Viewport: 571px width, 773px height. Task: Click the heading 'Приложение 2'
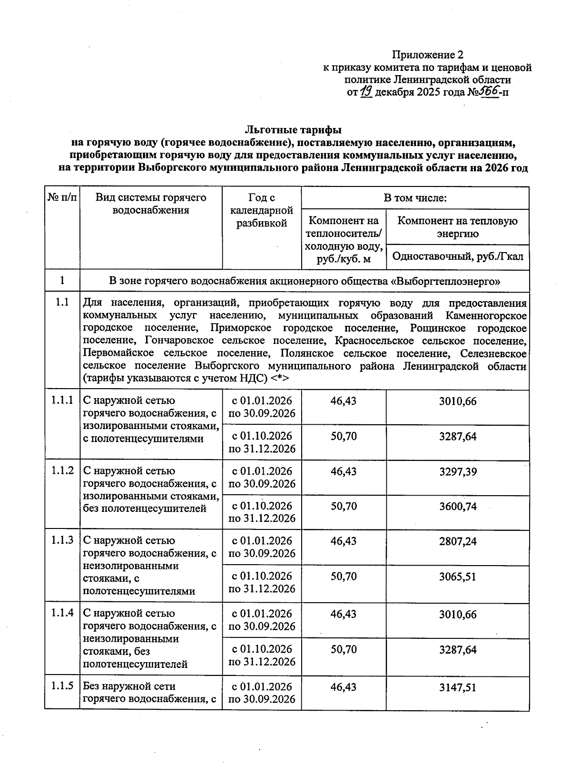click(x=427, y=55)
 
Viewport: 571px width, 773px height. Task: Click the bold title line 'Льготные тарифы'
click(x=293, y=129)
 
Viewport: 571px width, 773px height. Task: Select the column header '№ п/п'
click(x=62, y=197)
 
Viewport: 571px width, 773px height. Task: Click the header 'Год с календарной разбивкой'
click(x=262, y=210)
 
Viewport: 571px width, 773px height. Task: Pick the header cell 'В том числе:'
click(x=415, y=198)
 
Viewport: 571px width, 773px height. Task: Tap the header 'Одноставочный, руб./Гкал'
click(x=457, y=257)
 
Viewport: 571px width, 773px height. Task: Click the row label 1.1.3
click(x=62, y=540)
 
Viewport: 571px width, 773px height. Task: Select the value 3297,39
click(x=457, y=472)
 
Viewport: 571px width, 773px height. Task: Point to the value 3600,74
click(x=457, y=507)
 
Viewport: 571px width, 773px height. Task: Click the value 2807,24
click(x=457, y=541)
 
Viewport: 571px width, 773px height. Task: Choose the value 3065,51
click(x=457, y=577)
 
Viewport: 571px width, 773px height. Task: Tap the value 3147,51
click(x=457, y=687)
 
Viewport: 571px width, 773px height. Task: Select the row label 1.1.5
click(x=62, y=686)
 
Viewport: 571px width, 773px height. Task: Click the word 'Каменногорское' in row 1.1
click(x=486, y=316)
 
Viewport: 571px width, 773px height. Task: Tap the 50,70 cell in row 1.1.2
click(x=344, y=507)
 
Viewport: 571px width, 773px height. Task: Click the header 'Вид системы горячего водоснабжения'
click(x=151, y=204)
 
